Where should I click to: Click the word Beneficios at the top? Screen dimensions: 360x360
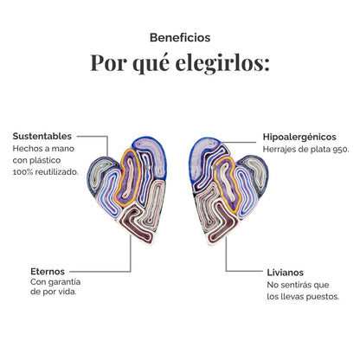[x=180, y=37]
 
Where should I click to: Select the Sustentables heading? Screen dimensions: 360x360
[x=42, y=136]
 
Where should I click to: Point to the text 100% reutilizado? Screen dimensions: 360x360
[x=46, y=172]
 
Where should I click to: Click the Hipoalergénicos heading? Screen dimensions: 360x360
[x=299, y=138]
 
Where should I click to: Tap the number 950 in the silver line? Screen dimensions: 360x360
[x=341, y=150]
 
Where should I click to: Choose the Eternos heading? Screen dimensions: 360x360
[x=48, y=272]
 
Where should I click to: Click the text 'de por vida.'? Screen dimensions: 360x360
[x=54, y=292]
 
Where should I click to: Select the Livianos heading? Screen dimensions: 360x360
[x=286, y=273]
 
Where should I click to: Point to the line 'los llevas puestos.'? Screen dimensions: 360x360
[x=303, y=297]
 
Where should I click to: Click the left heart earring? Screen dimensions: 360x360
[x=127, y=190]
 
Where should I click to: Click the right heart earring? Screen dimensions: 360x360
[x=229, y=191]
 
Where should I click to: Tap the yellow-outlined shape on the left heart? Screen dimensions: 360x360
[x=127, y=177]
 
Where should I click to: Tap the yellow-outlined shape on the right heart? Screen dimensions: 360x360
[x=228, y=184]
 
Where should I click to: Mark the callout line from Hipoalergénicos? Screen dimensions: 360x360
[x=239, y=142]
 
